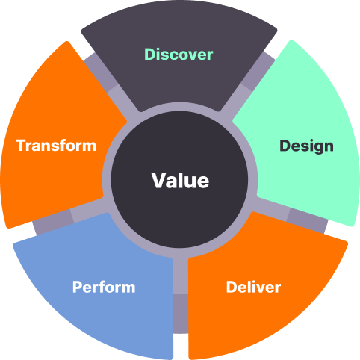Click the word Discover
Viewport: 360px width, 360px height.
[179, 55]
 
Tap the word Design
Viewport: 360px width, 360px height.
[306, 146]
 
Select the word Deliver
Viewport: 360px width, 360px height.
[253, 287]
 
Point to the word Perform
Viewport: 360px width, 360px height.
[104, 287]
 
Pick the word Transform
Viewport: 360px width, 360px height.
[56, 146]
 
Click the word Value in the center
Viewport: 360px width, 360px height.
[180, 181]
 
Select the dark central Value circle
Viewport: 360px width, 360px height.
[179, 180]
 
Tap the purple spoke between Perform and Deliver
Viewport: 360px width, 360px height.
[181, 294]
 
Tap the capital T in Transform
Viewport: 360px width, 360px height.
[22, 146]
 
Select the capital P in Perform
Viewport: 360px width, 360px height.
[78, 287]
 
